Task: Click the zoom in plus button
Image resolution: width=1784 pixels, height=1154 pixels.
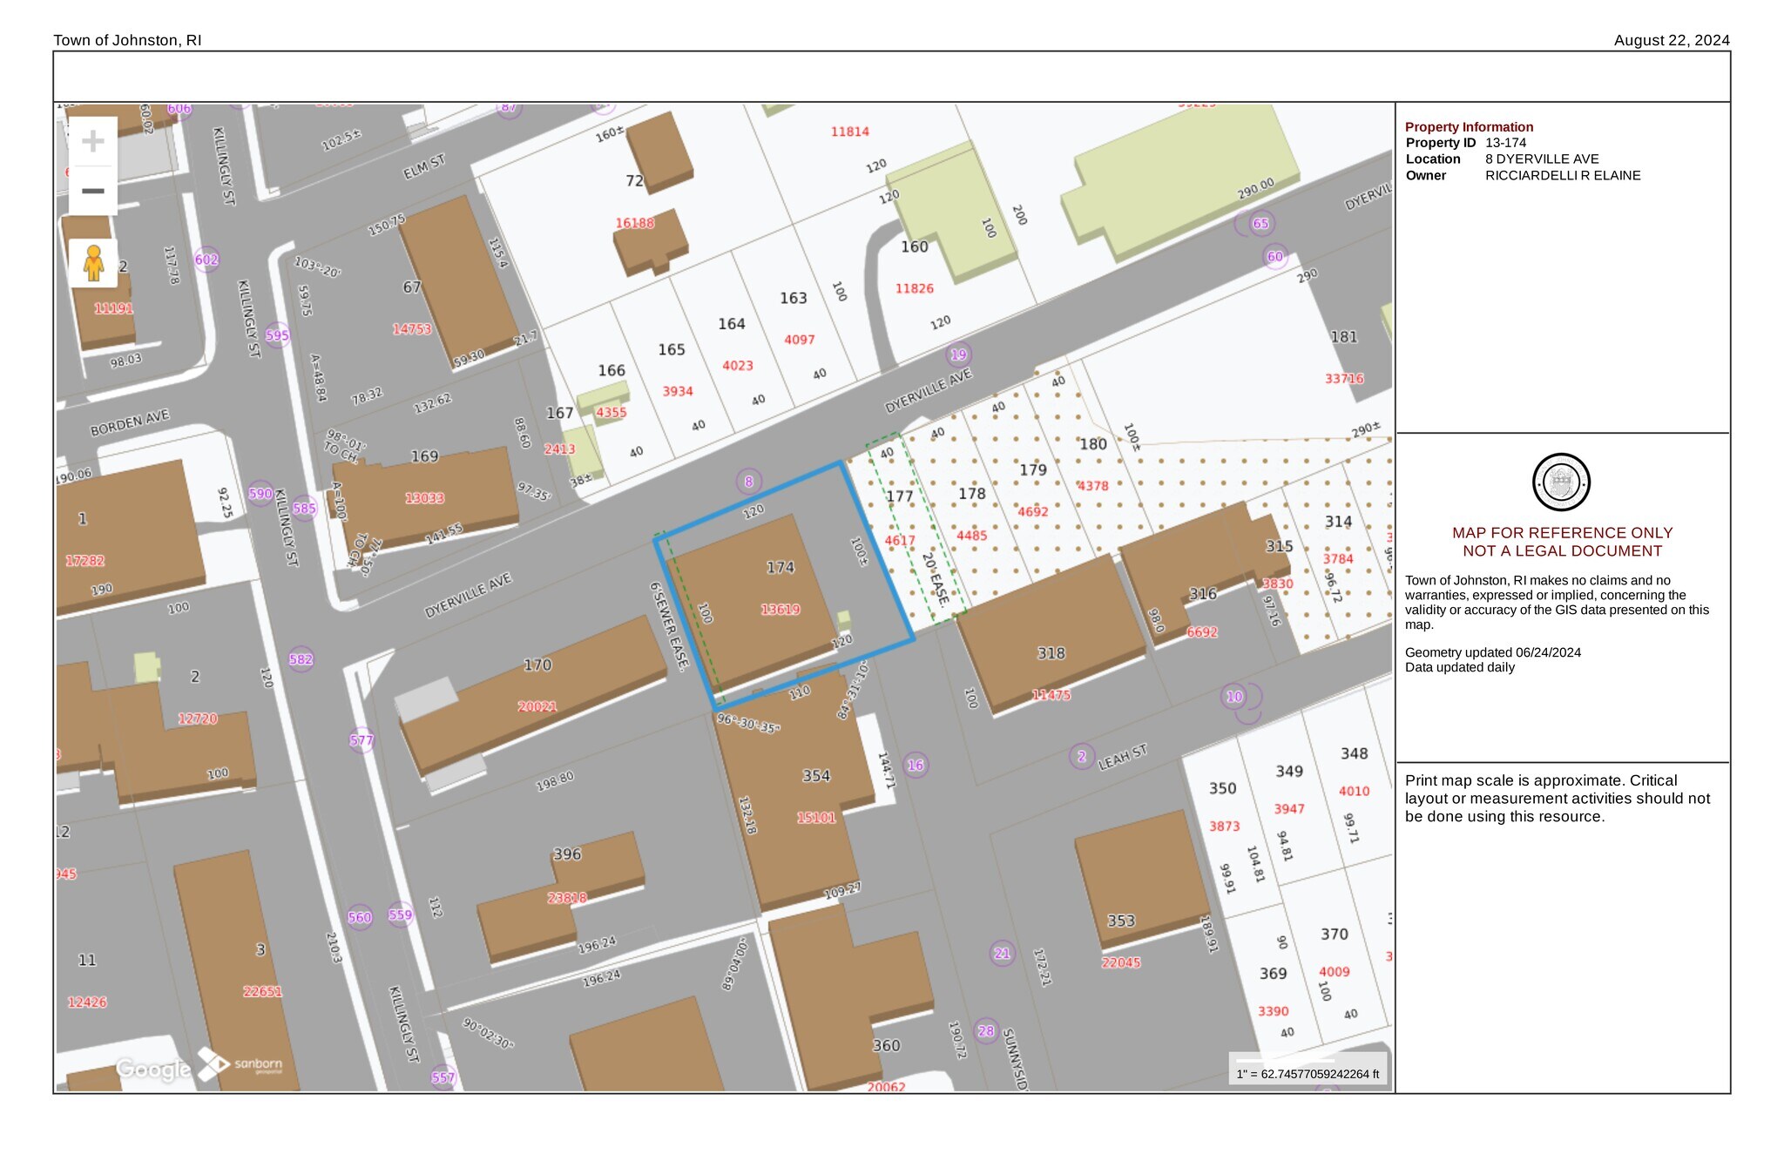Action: (93, 141)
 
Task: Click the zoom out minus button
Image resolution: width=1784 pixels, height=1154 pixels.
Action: (93, 191)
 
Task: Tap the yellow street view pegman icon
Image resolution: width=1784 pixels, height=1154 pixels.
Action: (93, 263)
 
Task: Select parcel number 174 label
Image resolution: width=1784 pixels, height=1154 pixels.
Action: (780, 568)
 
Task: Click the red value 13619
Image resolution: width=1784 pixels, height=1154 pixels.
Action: (780, 610)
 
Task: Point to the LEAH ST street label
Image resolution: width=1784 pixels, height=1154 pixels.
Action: (1122, 757)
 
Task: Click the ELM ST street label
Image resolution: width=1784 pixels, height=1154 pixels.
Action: (424, 166)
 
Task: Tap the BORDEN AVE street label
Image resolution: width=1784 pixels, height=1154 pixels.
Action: (130, 423)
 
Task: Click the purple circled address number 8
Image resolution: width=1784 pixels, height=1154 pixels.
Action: (748, 481)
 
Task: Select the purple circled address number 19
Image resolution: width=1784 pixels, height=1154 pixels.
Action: (958, 354)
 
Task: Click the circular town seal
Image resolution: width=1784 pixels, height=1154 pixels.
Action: (1561, 482)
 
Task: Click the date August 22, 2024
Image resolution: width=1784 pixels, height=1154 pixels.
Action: (1671, 40)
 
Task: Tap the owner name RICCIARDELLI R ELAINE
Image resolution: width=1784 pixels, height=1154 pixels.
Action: (1563, 176)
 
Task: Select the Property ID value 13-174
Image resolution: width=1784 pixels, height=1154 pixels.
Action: (1505, 143)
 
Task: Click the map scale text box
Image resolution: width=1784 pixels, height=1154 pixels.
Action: (1308, 1074)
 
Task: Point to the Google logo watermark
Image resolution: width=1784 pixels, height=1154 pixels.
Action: (153, 1069)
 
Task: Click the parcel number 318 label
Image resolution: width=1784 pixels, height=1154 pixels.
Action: (1051, 653)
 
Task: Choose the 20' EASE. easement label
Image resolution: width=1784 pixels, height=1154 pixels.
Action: (935, 578)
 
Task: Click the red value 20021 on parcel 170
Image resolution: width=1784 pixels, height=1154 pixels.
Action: (537, 706)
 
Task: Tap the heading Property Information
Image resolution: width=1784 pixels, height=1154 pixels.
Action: (1469, 127)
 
